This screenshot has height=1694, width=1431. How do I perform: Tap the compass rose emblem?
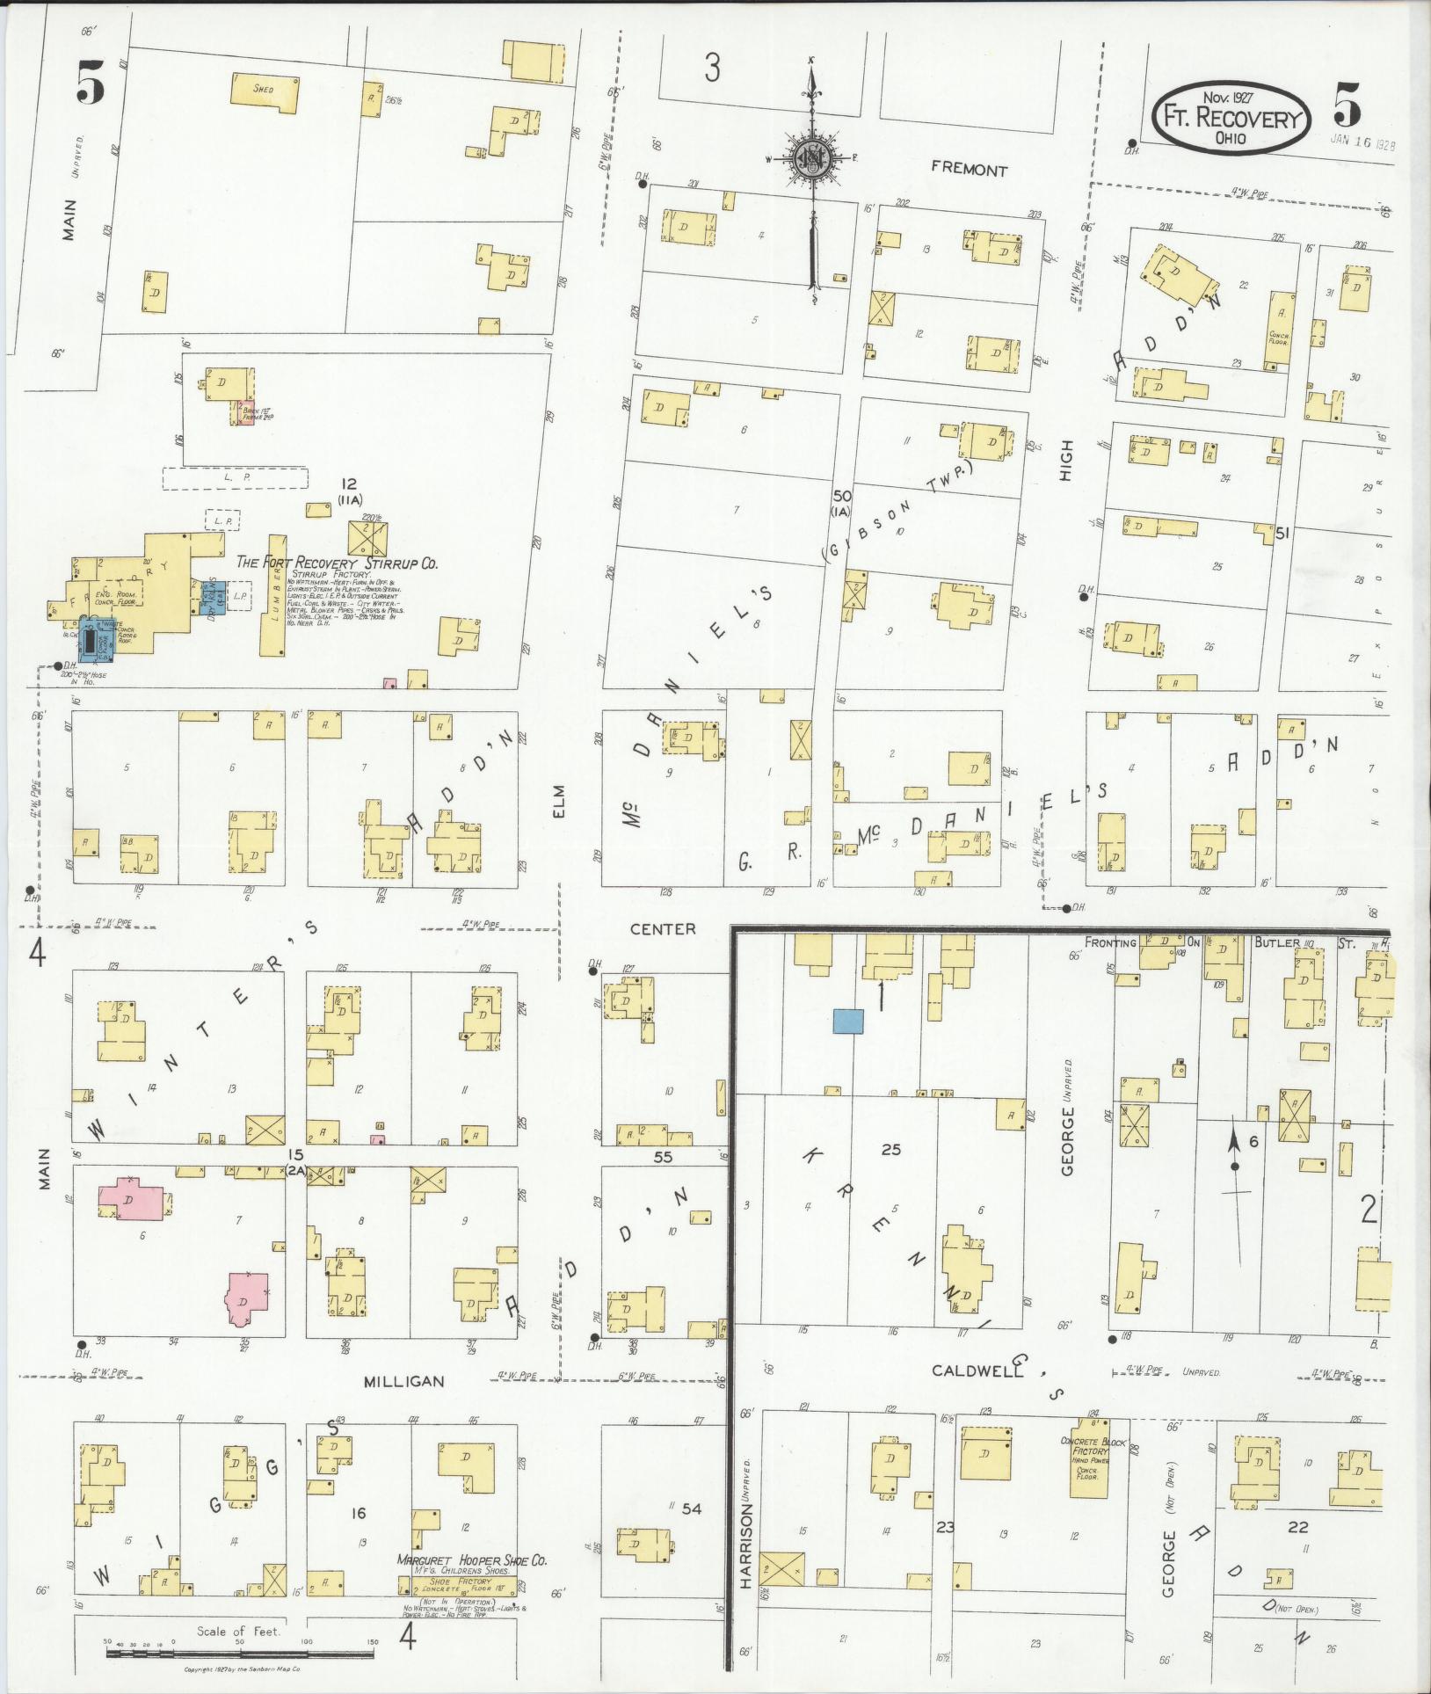(x=810, y=159)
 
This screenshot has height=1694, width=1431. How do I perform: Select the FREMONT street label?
(x=969, y=171)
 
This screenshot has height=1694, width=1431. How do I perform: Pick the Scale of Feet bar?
(x=238, y=1654)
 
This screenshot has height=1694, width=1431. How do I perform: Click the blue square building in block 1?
(x=848, y=1021)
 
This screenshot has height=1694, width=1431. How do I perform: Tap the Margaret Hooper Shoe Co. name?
(x=471, y=1560)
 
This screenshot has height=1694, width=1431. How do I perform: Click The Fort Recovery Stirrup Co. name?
(x=337, y=563)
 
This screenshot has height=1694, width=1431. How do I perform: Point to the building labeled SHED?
(x=265, y=91)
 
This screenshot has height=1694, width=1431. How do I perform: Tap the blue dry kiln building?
(x=213, y=596)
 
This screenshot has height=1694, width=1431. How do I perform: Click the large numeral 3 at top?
(x=712, y=68)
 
